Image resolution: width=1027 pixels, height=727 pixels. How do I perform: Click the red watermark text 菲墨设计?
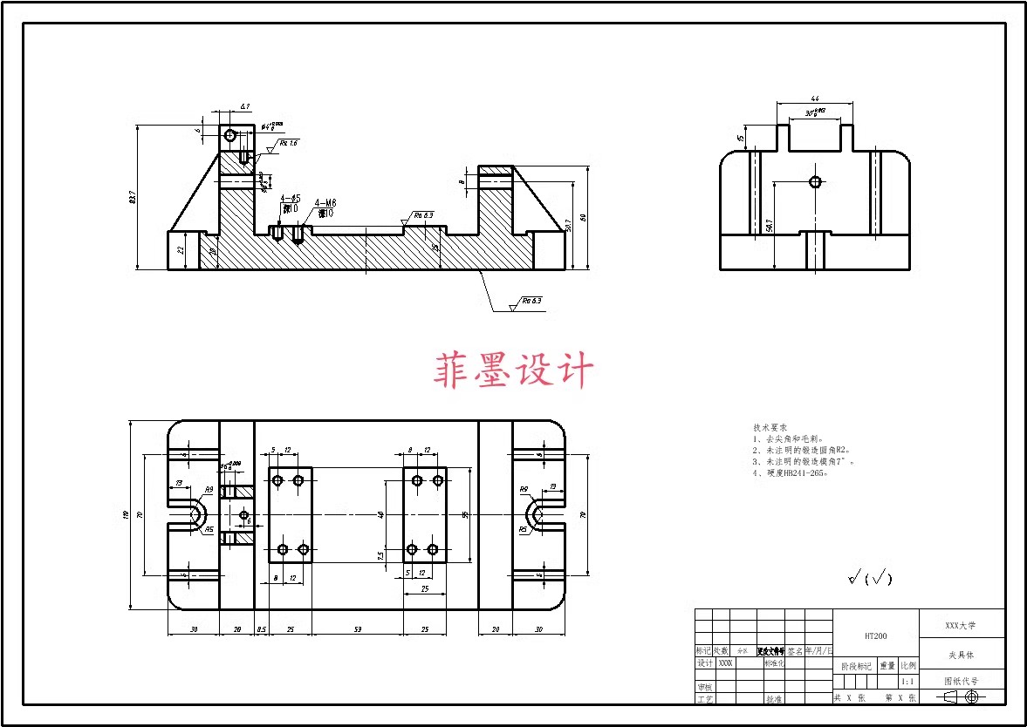pyautogui.click(x=514, y=370)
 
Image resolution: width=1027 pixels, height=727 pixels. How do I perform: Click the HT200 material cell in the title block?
pyautogui.click(x=875, y=636)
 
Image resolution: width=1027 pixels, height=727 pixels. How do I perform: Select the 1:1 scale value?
pyautogui.click(x=907, y=682)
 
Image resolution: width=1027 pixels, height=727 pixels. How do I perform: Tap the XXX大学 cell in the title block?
pyautogui.click(x=961, y=625)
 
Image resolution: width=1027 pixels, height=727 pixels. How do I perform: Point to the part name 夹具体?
pyautogui.click(x=961, y=654)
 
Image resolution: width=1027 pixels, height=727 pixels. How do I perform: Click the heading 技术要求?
pyautogui.click(x=770, y=428)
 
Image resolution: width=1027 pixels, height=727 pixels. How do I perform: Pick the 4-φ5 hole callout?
pyautogui.click(x=291, y=199)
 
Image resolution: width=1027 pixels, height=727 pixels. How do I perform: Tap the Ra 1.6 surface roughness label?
pyautogui.click(x=288, y=143)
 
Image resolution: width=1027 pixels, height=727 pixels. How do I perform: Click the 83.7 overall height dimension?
pyautogui.click(x=133, y=198)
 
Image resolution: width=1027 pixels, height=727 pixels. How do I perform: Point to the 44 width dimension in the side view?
pyautogui.click(x=814, y=99)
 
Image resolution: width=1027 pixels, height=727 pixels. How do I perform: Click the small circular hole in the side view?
pyautogui.click(x=815, y=182)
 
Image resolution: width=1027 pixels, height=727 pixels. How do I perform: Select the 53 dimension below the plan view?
pyautogui.click(x=358, y=629)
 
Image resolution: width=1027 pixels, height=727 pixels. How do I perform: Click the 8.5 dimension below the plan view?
pyautogui.click(x=261, y=629)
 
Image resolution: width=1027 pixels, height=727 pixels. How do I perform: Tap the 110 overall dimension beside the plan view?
pyautogui.click(x=127, y=515)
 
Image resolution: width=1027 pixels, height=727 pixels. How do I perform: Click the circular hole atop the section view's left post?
pyautogui.click(x=230, y=136)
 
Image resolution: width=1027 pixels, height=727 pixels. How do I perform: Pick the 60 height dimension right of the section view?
pyautogui.click(x=584, y=217)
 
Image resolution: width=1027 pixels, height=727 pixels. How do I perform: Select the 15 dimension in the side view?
pyautogui.click(x=741, y=138)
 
